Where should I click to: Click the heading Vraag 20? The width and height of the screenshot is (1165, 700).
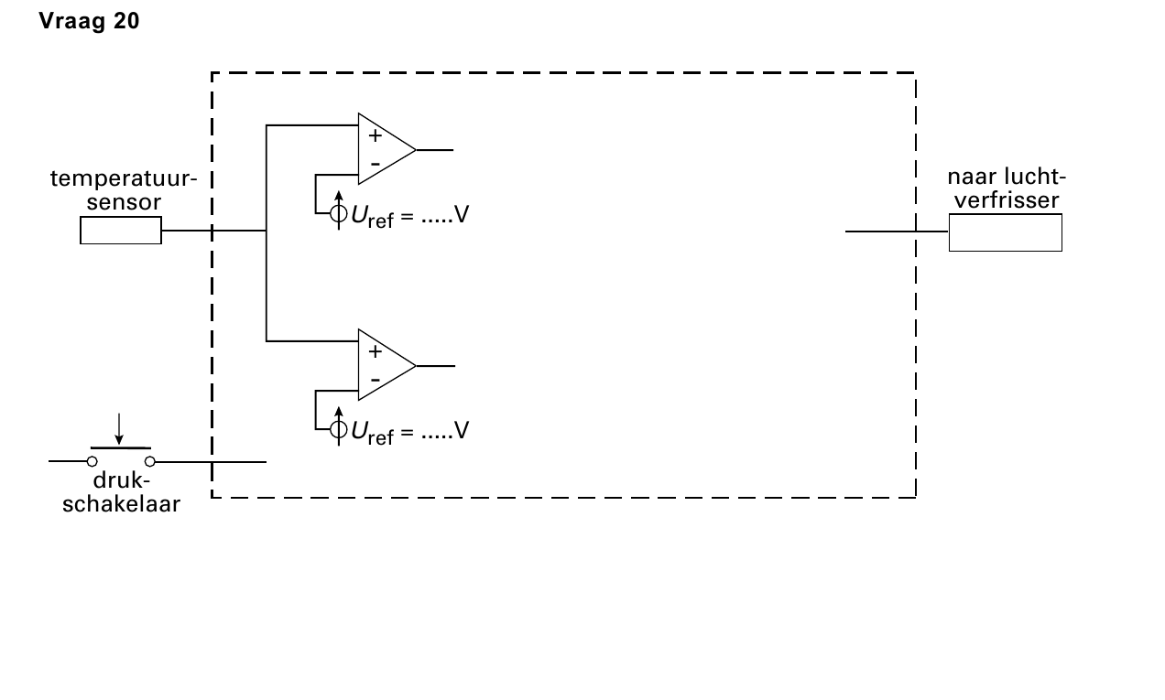89,21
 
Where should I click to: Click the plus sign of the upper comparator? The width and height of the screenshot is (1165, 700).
375,135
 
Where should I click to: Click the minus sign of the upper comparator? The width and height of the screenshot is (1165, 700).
375,165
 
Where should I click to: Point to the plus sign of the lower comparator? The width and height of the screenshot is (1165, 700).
375,351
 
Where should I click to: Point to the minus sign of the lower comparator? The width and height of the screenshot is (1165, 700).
375,381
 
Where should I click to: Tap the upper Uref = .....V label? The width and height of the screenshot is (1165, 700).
409,216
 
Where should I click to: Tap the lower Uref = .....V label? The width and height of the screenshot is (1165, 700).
409,432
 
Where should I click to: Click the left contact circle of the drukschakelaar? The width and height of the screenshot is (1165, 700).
93,461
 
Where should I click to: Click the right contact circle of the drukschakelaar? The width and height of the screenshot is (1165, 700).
150,461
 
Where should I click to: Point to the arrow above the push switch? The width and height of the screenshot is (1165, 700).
119,429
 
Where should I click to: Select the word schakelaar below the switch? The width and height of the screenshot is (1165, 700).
121,504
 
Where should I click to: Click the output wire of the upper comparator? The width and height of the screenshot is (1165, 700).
435,150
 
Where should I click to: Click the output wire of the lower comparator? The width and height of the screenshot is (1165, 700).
436,366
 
